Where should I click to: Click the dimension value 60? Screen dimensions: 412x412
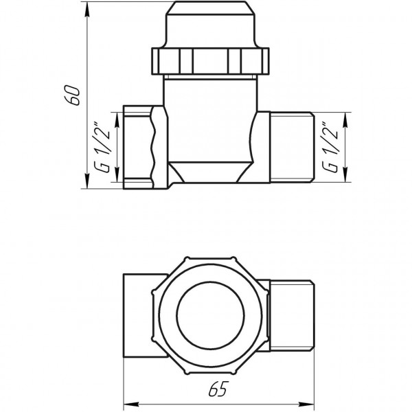(x=78, y=95)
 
